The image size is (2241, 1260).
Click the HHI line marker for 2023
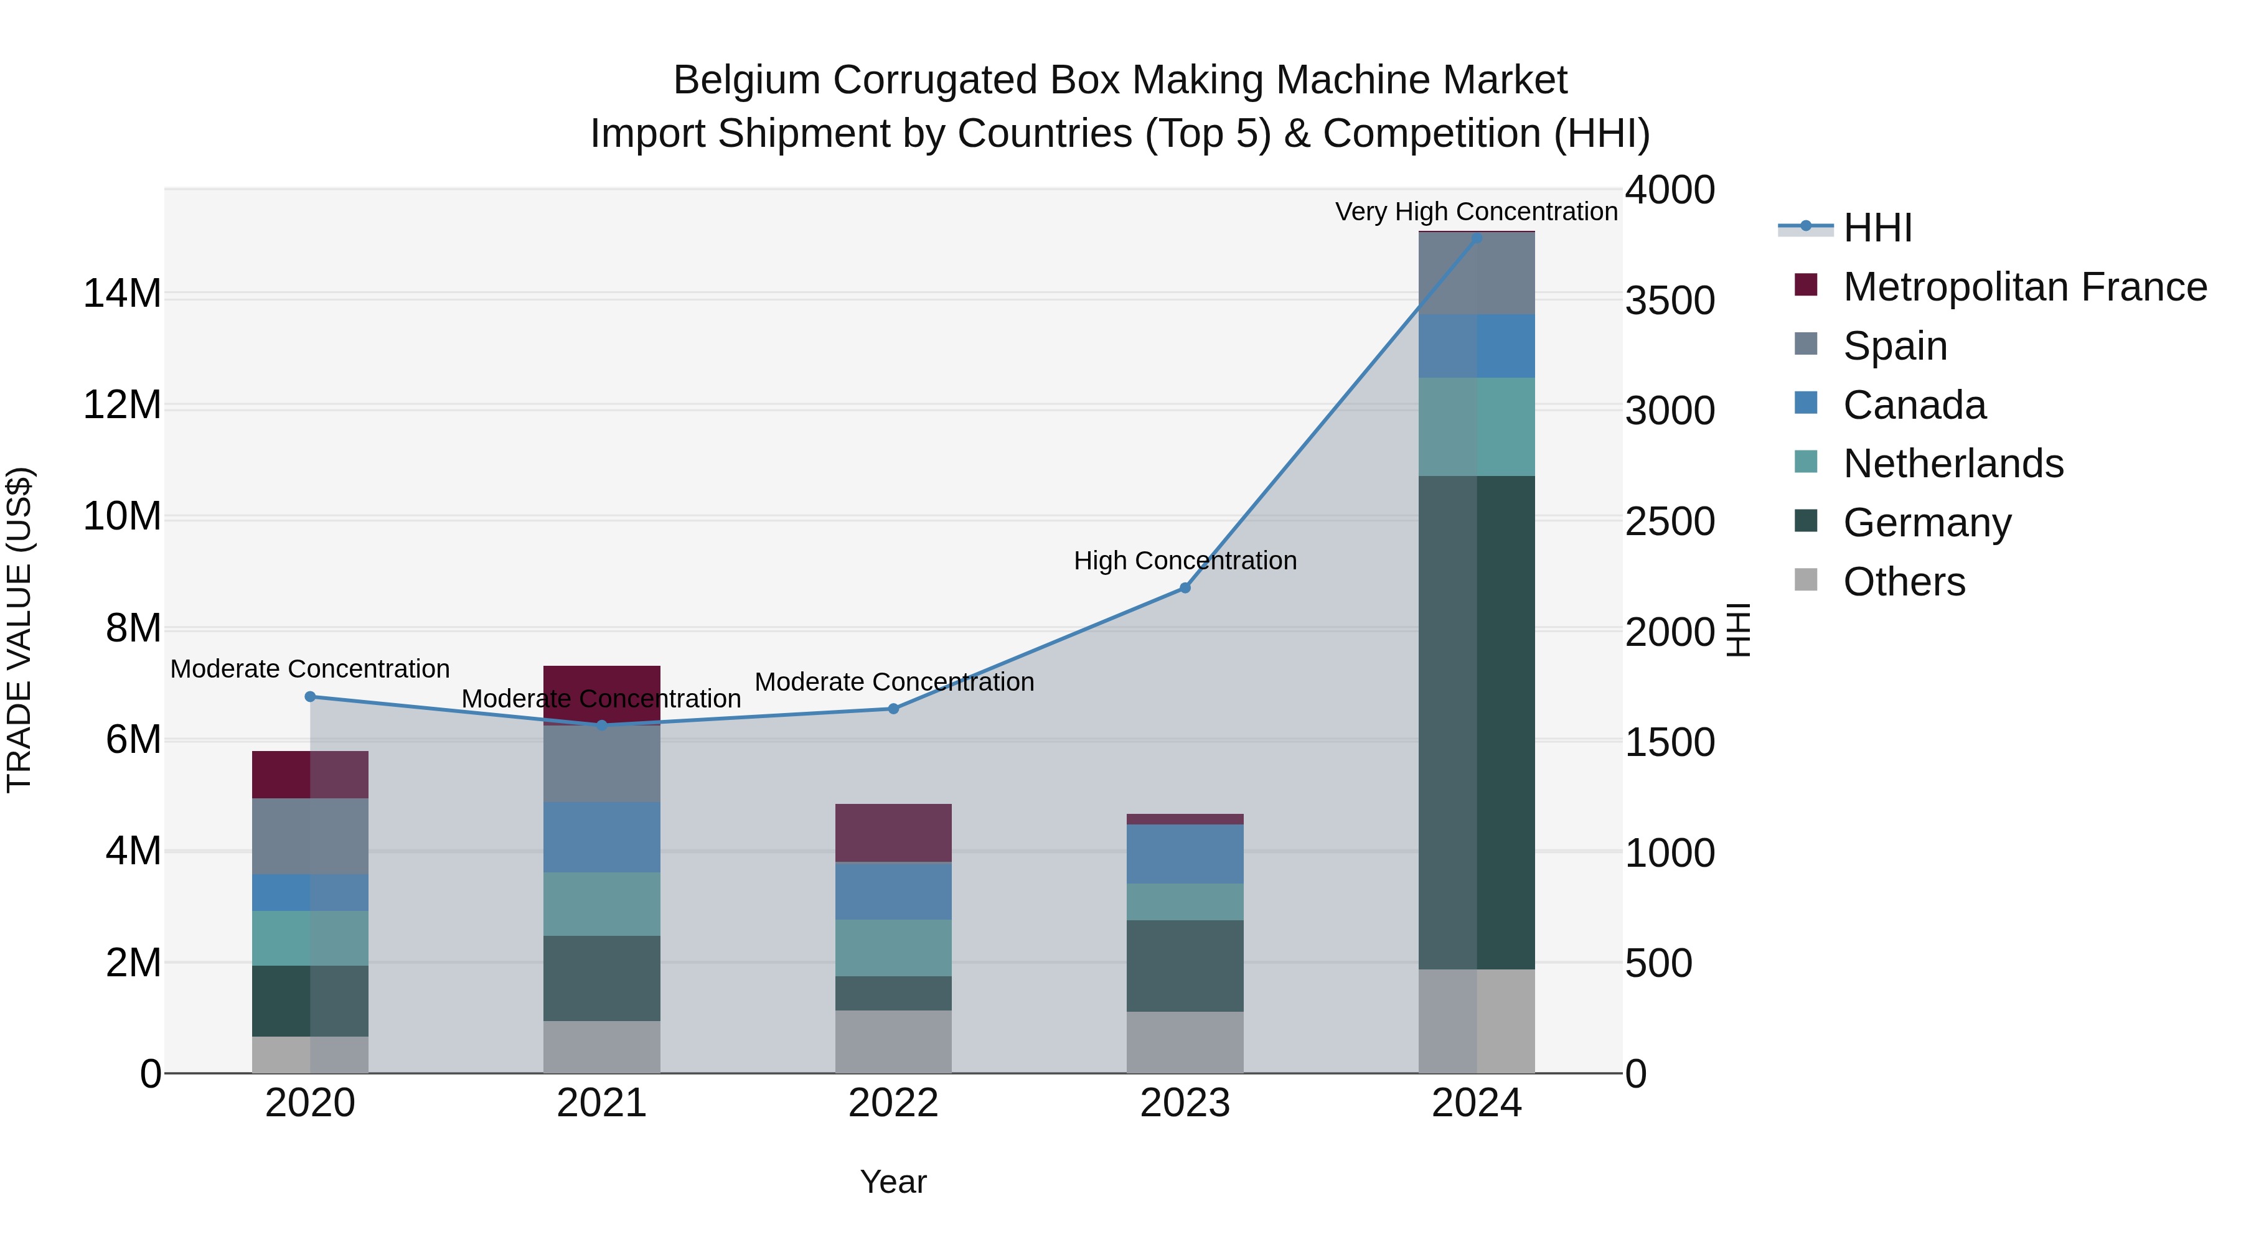1184,588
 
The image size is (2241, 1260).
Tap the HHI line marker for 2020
310,696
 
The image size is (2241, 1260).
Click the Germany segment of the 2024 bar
1477,722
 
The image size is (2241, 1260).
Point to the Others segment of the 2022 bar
893,1041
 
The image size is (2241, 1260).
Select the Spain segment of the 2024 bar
1477,273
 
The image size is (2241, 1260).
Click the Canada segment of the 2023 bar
1184,853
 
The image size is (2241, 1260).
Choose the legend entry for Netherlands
1952,464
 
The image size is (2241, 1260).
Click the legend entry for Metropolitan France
2024,287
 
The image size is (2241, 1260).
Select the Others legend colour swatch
1806,580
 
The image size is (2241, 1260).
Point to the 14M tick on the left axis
122,294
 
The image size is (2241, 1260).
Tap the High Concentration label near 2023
1184,561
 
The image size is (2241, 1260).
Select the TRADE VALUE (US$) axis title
19,630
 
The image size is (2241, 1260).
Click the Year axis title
893,1182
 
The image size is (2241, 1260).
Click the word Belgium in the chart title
746,80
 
